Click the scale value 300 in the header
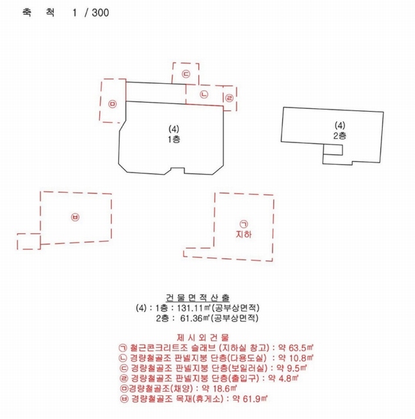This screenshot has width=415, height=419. pyautogui.click(x=101, y=13)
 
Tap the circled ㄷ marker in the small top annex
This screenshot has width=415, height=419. pyautogui.click(x=186, y=74)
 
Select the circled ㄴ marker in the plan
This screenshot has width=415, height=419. pyautogui.click(x=204, y=94)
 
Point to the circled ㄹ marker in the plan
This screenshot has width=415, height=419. pyautogui.click(x=229, y=98)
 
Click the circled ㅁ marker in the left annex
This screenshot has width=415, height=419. pyautogui.click(x=112, y=104)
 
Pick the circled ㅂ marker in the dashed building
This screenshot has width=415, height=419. pyautogui.click(x=75, y=217)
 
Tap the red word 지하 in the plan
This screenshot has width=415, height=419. pyautogui.click(x=244, y=235)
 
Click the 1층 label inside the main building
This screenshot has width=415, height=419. pyautogui.click(x=174, y=139)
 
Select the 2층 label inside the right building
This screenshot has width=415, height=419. pyautogui.click(x=340, y=135)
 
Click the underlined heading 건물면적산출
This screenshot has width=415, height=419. pyautogui.click(x=198, y=297)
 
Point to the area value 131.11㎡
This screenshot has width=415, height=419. pyautogui.click(x=194, y=308)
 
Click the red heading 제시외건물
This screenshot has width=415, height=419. pyautogui.click(x=203, y=337)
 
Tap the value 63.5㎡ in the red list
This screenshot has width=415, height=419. pyautogui.click(x=301, y=348)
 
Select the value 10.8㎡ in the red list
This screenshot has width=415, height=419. pyautogui.click(x=301, y=358)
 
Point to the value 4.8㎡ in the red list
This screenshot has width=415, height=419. pyautogui.click(x=289, y=378)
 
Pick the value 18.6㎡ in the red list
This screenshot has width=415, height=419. pyautogui.click(x=225, y=388)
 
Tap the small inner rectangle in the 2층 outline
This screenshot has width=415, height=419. pyautogui.click(x=333, y=149)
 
